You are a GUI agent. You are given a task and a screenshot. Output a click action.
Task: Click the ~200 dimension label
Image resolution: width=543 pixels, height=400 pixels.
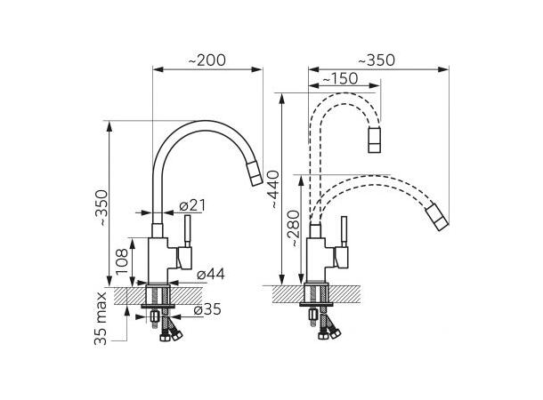(207, 60)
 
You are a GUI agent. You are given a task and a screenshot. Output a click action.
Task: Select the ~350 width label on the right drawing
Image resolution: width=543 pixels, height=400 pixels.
(376, 60)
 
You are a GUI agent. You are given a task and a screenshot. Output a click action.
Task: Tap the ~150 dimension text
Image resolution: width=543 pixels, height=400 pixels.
(340, 79)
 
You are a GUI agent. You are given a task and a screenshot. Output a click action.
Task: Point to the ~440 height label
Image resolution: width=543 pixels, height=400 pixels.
(275, 189)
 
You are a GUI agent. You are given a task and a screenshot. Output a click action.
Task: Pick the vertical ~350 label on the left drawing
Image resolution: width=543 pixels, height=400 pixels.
(104, 208)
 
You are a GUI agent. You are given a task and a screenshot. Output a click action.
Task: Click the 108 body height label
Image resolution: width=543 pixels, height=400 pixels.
(122, 261)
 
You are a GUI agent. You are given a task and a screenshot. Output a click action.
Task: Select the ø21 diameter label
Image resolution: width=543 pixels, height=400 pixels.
(192, 205)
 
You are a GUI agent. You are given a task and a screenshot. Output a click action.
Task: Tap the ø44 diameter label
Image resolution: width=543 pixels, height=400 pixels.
(211, 274)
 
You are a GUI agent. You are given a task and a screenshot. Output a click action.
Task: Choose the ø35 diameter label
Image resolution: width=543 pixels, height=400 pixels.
(207, 309)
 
